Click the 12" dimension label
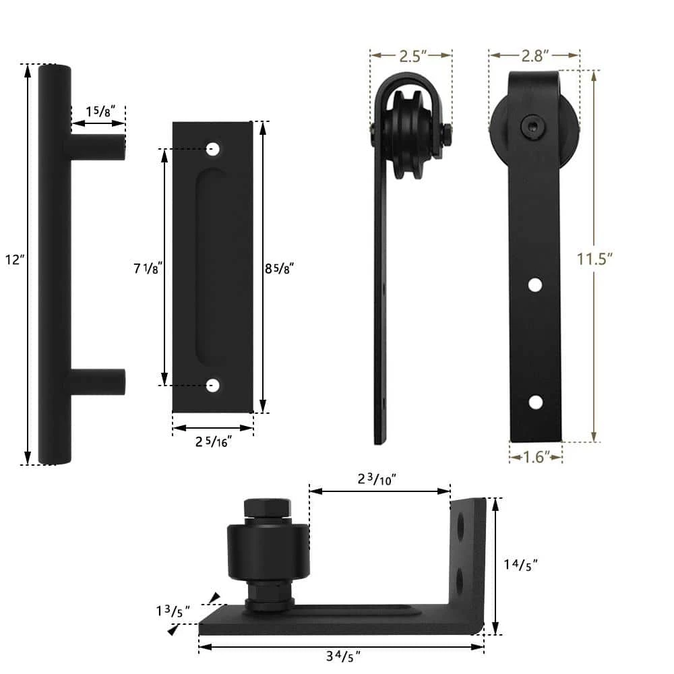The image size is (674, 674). [14, 260]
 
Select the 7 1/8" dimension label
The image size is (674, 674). [146, 268]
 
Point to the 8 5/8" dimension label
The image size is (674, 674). [280, 268]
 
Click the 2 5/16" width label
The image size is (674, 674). [213, 442]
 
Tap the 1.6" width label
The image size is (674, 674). [535, 457]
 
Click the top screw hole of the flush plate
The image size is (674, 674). [213, 149]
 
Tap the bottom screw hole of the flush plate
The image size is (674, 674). [213, 386]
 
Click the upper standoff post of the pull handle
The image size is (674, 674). [98, 147]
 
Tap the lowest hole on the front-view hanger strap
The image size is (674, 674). [535, 402]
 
